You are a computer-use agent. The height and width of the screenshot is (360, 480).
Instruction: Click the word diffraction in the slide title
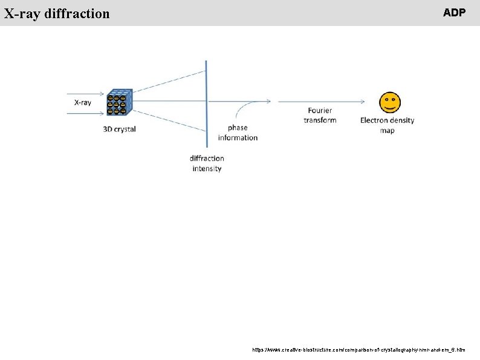coord(77,13)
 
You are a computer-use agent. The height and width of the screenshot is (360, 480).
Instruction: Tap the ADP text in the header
coord(454,12)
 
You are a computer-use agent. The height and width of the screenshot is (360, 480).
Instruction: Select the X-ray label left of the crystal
coord(83,102)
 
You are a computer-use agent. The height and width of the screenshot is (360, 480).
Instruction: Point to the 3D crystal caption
coord(119,129)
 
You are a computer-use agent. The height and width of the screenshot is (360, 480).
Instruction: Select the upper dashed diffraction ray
coord(169,82)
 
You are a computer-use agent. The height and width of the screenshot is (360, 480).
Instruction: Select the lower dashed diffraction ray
coord(169,121)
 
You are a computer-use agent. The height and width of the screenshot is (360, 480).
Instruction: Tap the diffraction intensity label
coord(207,163)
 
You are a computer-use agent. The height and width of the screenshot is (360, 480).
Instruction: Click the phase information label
coord(238,133)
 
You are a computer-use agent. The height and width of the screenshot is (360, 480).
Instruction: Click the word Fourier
coord(320,111)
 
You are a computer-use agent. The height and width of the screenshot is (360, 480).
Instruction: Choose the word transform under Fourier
coord(320,120)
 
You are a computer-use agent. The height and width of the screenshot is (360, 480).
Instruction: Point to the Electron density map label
coord(387,125)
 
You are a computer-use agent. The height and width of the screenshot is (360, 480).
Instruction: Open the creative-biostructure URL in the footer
coord(358,350)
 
